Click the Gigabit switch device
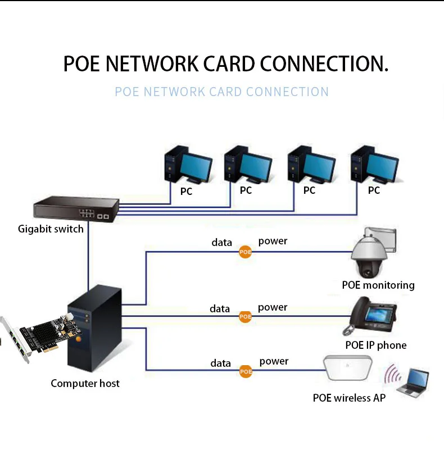(x=76, y=209)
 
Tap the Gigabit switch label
(x=51, y=229)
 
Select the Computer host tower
(x=94, y=329)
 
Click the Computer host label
(x=85, y=384)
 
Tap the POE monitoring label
(x=378, y=285)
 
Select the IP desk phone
(x=369, y=316)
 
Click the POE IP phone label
(x=376, y=345)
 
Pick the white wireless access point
(x=348, y=368)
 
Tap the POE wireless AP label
(x=349, y=398)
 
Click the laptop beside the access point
(x=413, y=381)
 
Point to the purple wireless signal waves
(x=392, y=374)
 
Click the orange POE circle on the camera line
(x=245, y=252)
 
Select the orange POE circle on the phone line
(x=245, y=316)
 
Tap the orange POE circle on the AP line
(x=246, y=371)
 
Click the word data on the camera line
(x=222, y=243)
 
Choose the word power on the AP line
(x=274, y=361)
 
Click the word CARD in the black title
(x=229, y=64)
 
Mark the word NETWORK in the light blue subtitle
(x=174, y=92)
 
